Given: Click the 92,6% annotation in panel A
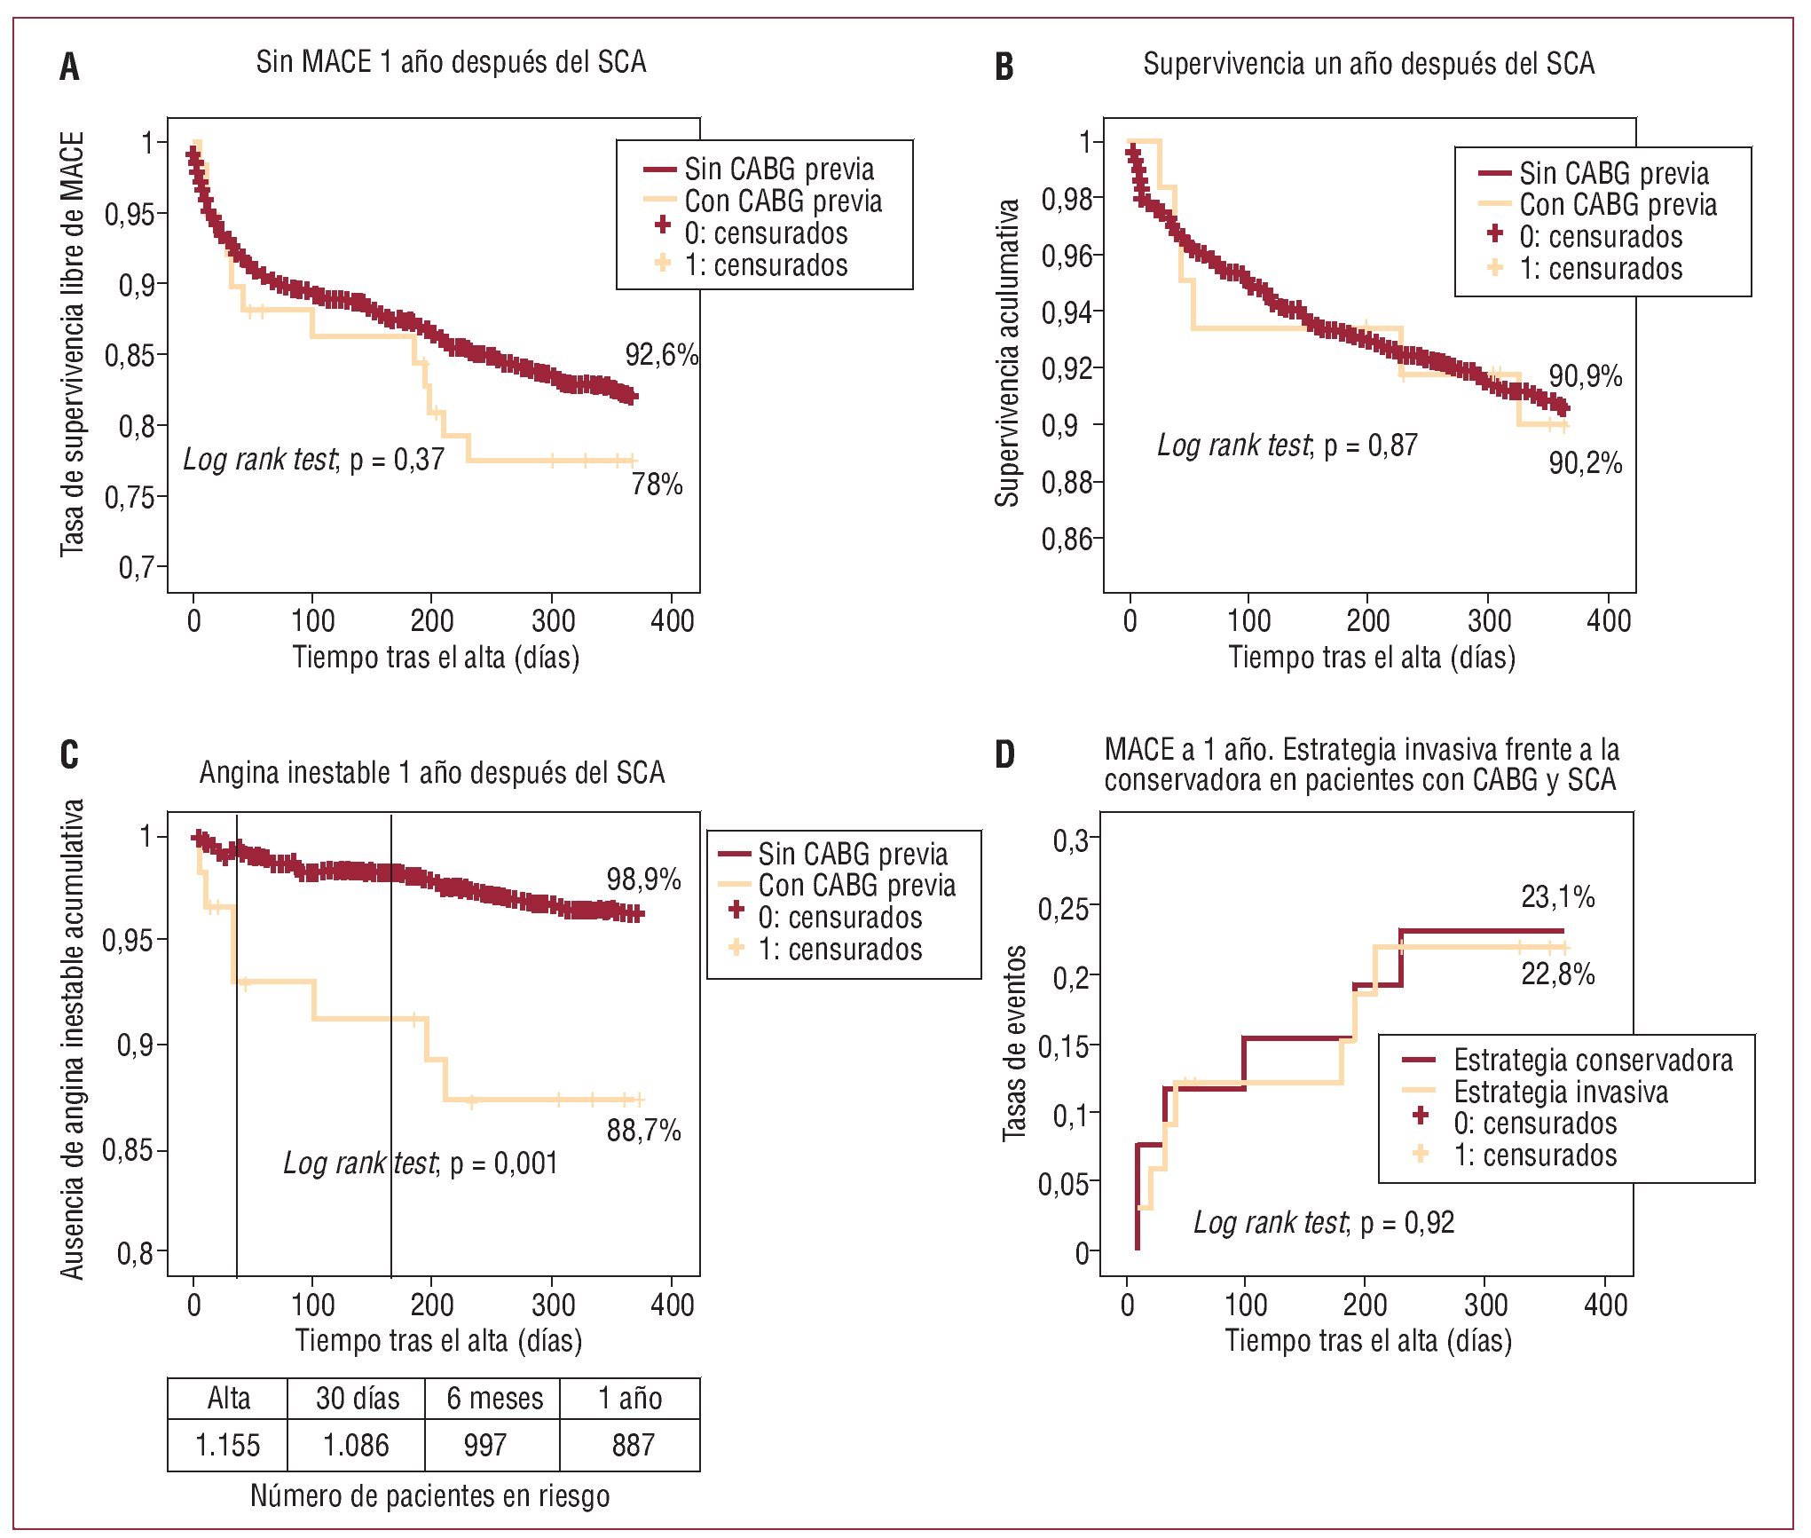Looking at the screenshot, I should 661,355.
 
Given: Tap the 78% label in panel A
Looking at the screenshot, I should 657,485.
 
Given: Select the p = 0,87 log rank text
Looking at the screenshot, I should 1287,445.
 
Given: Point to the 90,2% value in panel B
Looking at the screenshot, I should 1585,462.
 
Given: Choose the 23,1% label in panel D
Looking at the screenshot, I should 1557,897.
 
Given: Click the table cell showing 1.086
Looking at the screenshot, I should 356,1445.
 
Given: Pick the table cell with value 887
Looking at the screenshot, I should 633,1445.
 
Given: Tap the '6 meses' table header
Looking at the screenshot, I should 494,1398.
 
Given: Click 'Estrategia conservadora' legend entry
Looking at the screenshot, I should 1592,1060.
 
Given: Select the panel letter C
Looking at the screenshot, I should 69,754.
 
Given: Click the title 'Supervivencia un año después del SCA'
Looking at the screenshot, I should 1368,64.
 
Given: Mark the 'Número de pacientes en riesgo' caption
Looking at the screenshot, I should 429,1495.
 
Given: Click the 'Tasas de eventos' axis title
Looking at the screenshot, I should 1014,1044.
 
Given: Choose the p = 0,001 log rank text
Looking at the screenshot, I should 421,1163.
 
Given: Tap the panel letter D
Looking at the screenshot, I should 1004,754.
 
